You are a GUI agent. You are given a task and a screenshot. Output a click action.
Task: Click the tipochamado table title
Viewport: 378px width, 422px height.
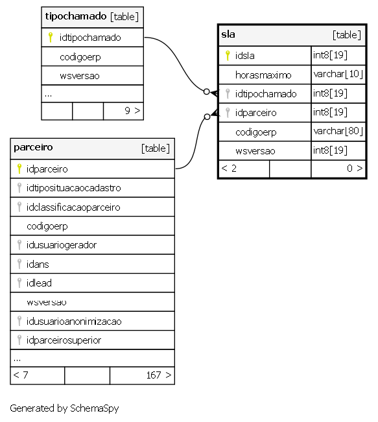76,16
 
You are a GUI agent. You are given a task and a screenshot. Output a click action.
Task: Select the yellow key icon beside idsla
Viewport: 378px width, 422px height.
228,56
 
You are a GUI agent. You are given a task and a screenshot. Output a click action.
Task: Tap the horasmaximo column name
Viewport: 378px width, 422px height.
263,75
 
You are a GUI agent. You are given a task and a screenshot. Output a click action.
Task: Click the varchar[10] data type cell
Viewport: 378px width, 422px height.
338,74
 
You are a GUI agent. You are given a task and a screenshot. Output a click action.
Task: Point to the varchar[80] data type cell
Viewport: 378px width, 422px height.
338,131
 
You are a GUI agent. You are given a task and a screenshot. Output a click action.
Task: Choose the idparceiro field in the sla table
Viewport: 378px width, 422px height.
255,113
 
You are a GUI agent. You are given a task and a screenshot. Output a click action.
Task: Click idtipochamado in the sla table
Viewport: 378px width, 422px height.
266,93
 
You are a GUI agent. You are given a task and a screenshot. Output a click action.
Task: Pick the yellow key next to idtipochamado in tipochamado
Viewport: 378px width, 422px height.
51,38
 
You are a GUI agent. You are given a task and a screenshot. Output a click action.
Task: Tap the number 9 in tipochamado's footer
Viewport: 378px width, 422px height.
127,111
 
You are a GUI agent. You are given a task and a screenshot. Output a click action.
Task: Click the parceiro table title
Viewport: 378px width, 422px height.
33,147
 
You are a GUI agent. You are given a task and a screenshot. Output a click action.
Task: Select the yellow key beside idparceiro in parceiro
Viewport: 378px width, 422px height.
19,169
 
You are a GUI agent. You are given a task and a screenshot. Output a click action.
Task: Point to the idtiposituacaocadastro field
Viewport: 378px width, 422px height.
73,188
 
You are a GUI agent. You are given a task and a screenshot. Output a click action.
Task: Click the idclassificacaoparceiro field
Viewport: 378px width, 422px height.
73,207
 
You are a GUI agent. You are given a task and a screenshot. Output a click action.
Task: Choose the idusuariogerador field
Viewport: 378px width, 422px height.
62,245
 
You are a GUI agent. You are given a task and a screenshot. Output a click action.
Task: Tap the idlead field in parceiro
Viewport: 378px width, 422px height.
39,283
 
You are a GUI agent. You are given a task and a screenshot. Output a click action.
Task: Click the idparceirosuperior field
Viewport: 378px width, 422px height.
64,340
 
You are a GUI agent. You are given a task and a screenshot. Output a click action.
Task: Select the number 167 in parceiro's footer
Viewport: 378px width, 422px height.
154,375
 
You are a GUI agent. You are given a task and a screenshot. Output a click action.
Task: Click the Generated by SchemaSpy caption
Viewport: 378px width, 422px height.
64,408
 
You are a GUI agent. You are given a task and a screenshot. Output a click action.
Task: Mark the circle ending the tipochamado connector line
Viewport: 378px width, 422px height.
206,92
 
